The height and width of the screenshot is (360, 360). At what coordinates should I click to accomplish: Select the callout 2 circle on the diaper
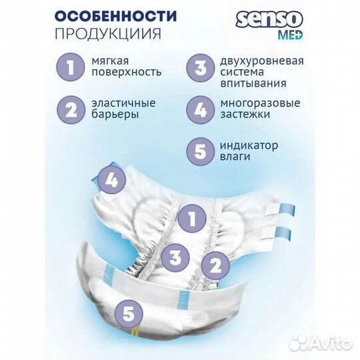[x=214, y=265]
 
